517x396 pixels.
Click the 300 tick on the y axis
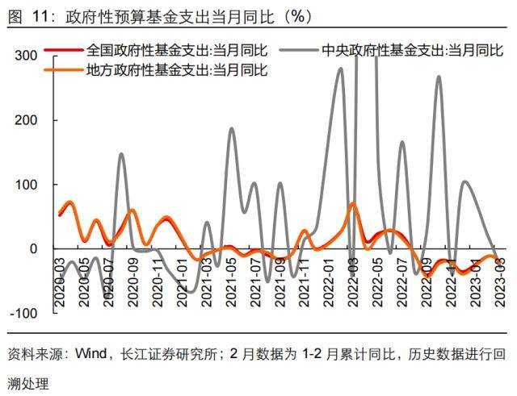click(x=26, y=55)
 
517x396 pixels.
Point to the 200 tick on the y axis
click(x=26, y=119)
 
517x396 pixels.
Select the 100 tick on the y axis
click(x=26, y=184)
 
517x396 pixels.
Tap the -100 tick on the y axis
click(x=24, y=313)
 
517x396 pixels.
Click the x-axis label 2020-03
click(x=60, y=283)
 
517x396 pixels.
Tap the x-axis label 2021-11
click(x=304, y=283)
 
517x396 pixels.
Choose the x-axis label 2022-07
click(x=402, y=283)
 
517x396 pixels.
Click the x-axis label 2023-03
click(x=501, y=283)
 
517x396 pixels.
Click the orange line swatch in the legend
click(x=62, y=70)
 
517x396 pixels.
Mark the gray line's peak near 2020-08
click(x=121, y=153)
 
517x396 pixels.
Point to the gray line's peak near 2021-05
click(x=232, y=128)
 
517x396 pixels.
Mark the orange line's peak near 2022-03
click(x=353, y=203)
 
